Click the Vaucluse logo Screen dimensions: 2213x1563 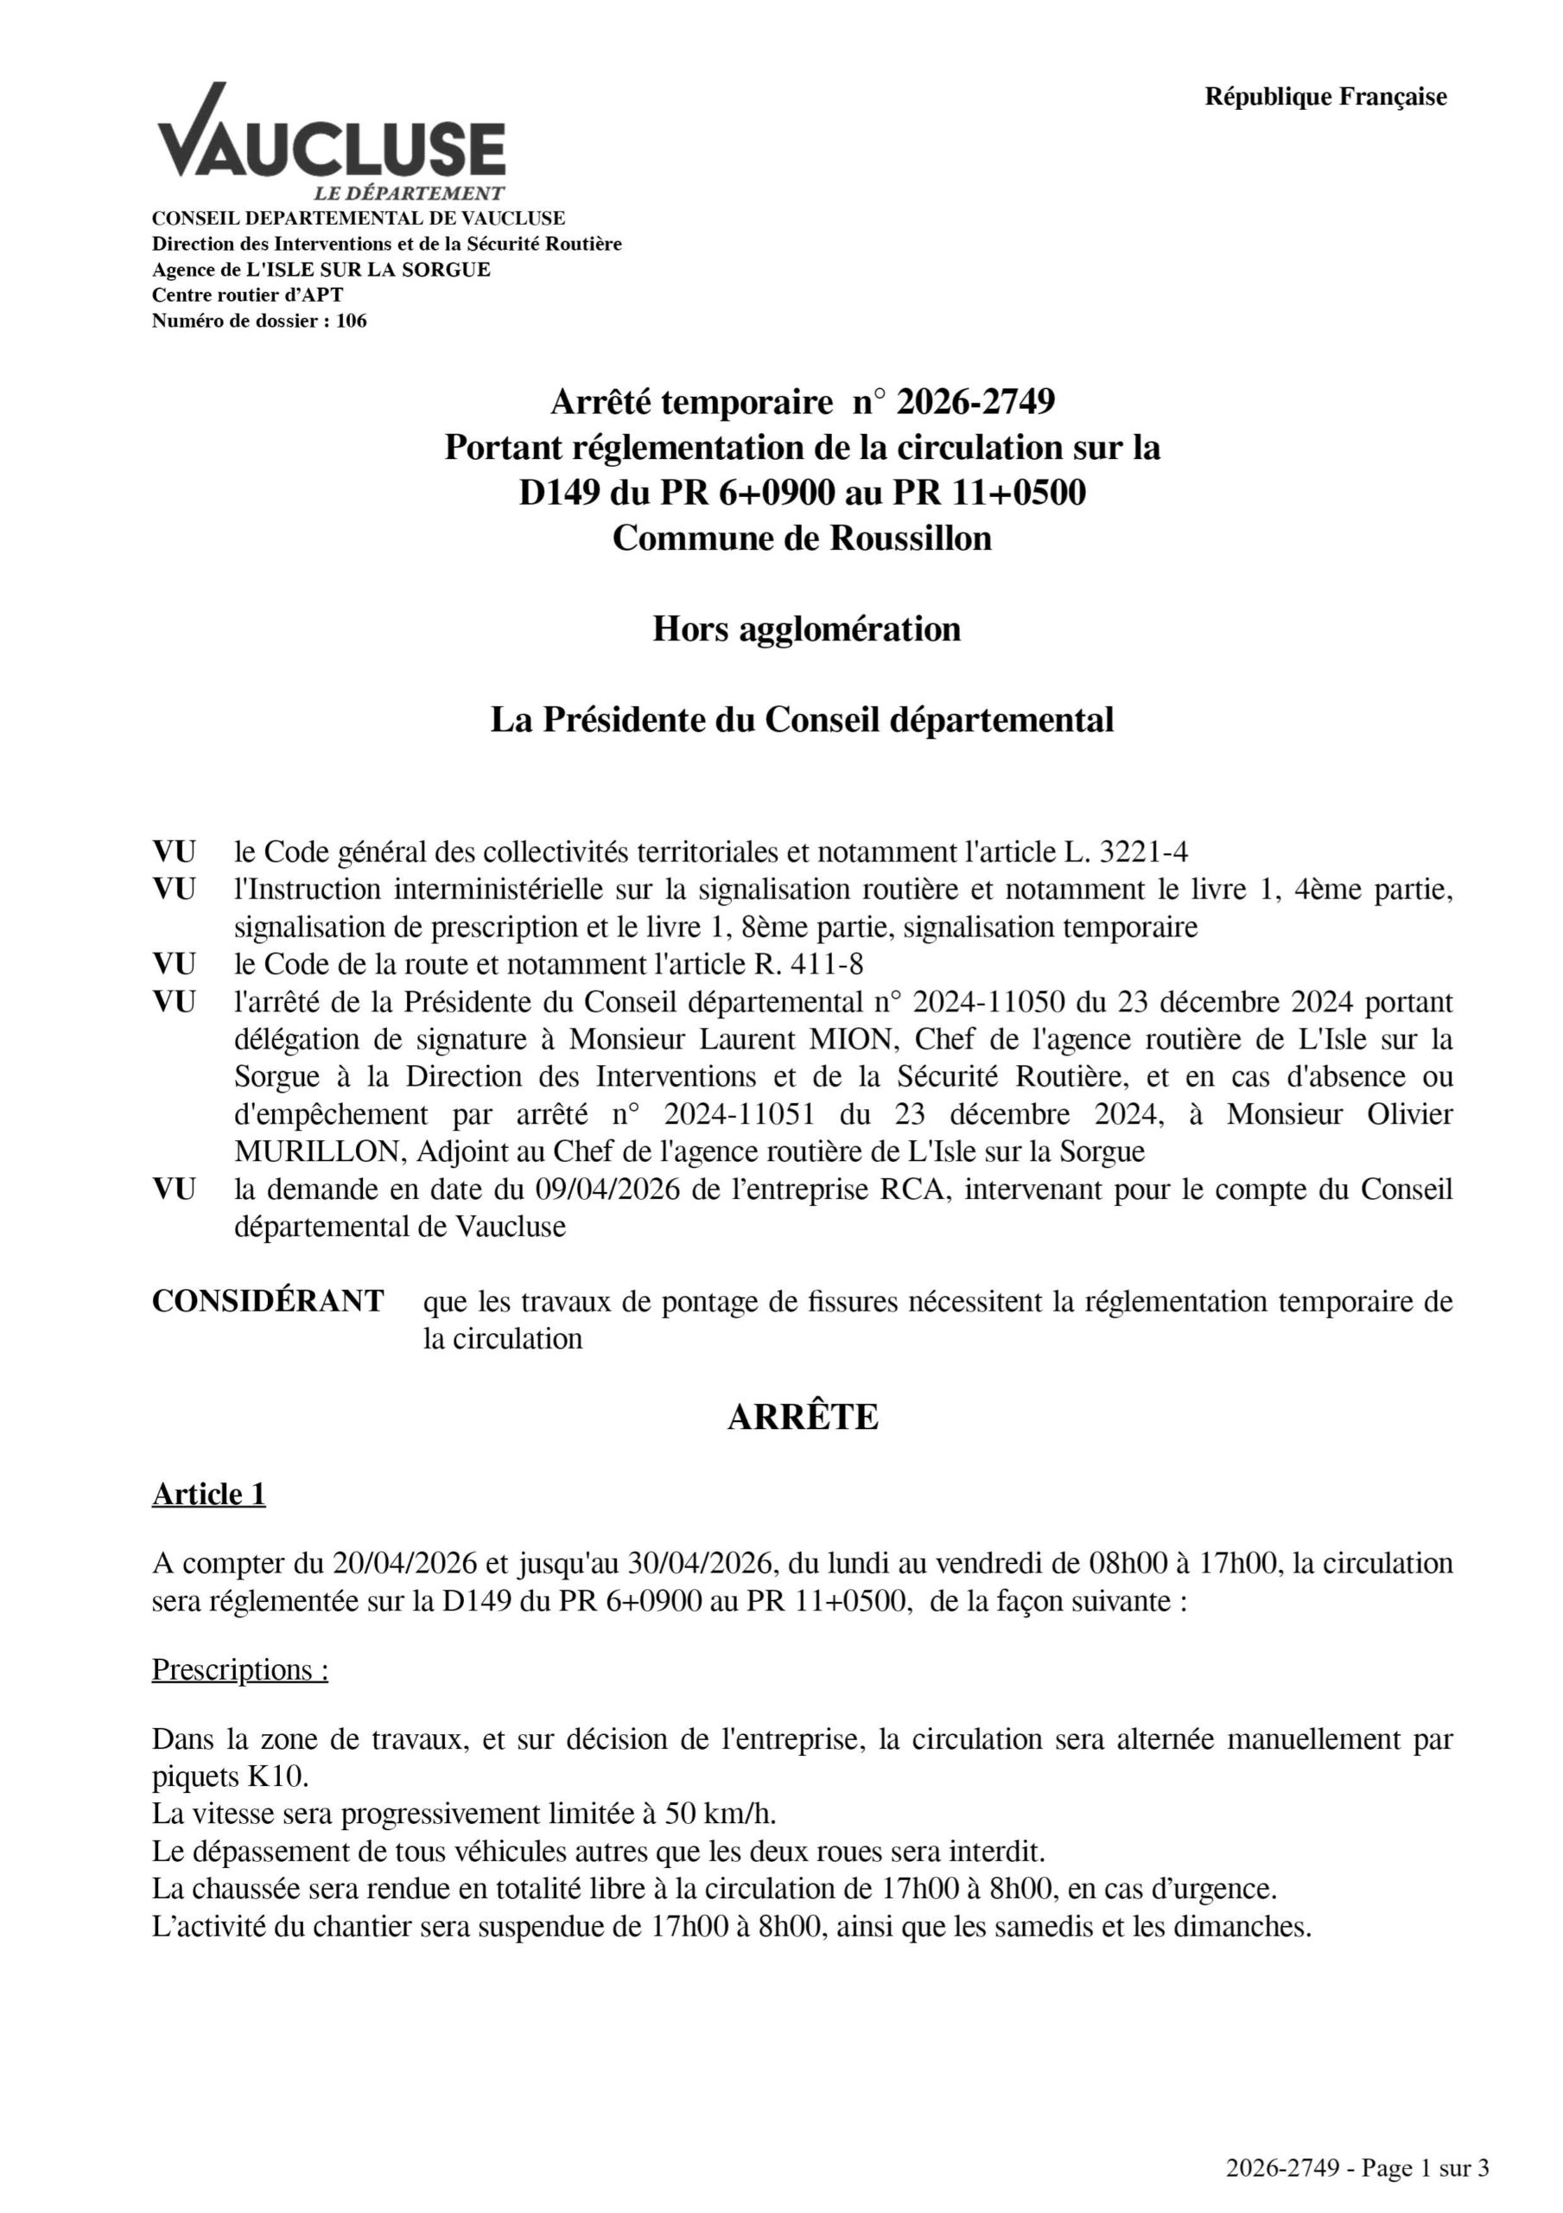tap(331, 143)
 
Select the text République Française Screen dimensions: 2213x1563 tap(1325, 96)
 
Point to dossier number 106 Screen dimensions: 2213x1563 tap(351, 321)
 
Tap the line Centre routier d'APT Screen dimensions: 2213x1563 tap(247, 295)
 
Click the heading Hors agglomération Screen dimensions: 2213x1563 tap(805, 628)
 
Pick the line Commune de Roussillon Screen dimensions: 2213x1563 tap(802, 537)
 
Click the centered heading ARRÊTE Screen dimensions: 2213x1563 tap(802, 1417)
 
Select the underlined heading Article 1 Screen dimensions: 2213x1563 tap(208, 1493)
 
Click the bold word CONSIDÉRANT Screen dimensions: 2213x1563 tap(268, 1300)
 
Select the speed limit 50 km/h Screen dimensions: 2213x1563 tap(720, 1813)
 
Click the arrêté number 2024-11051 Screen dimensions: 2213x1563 tap(739, 1114)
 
